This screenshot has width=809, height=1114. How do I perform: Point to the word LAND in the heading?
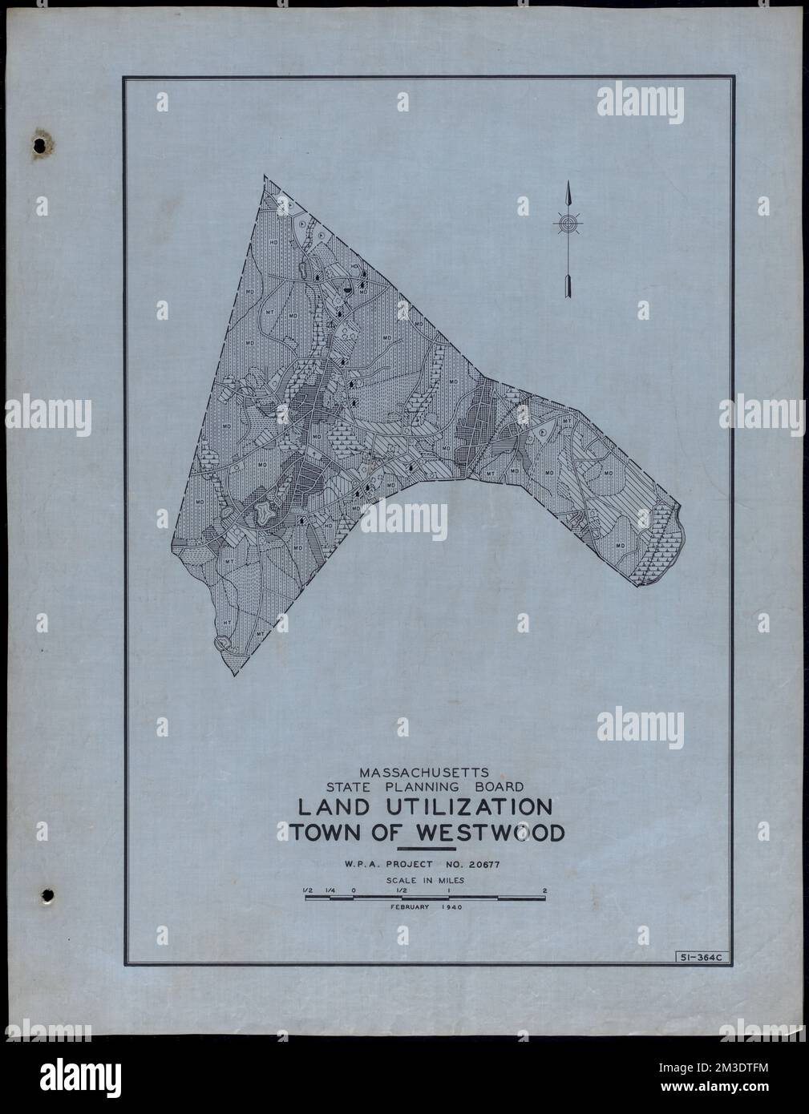(x=326, y=806)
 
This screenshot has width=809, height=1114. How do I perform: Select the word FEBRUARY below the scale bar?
(x=411, y=907)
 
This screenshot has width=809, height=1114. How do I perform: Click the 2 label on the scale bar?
(x=545, y=890)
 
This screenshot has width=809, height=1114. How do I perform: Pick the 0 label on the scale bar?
(x=353, y=890)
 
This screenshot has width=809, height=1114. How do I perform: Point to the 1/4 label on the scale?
(x=330, y=890)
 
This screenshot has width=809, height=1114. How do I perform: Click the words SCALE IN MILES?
(x=425, y=879)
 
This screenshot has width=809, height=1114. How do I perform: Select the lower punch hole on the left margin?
(x=47, y=894)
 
